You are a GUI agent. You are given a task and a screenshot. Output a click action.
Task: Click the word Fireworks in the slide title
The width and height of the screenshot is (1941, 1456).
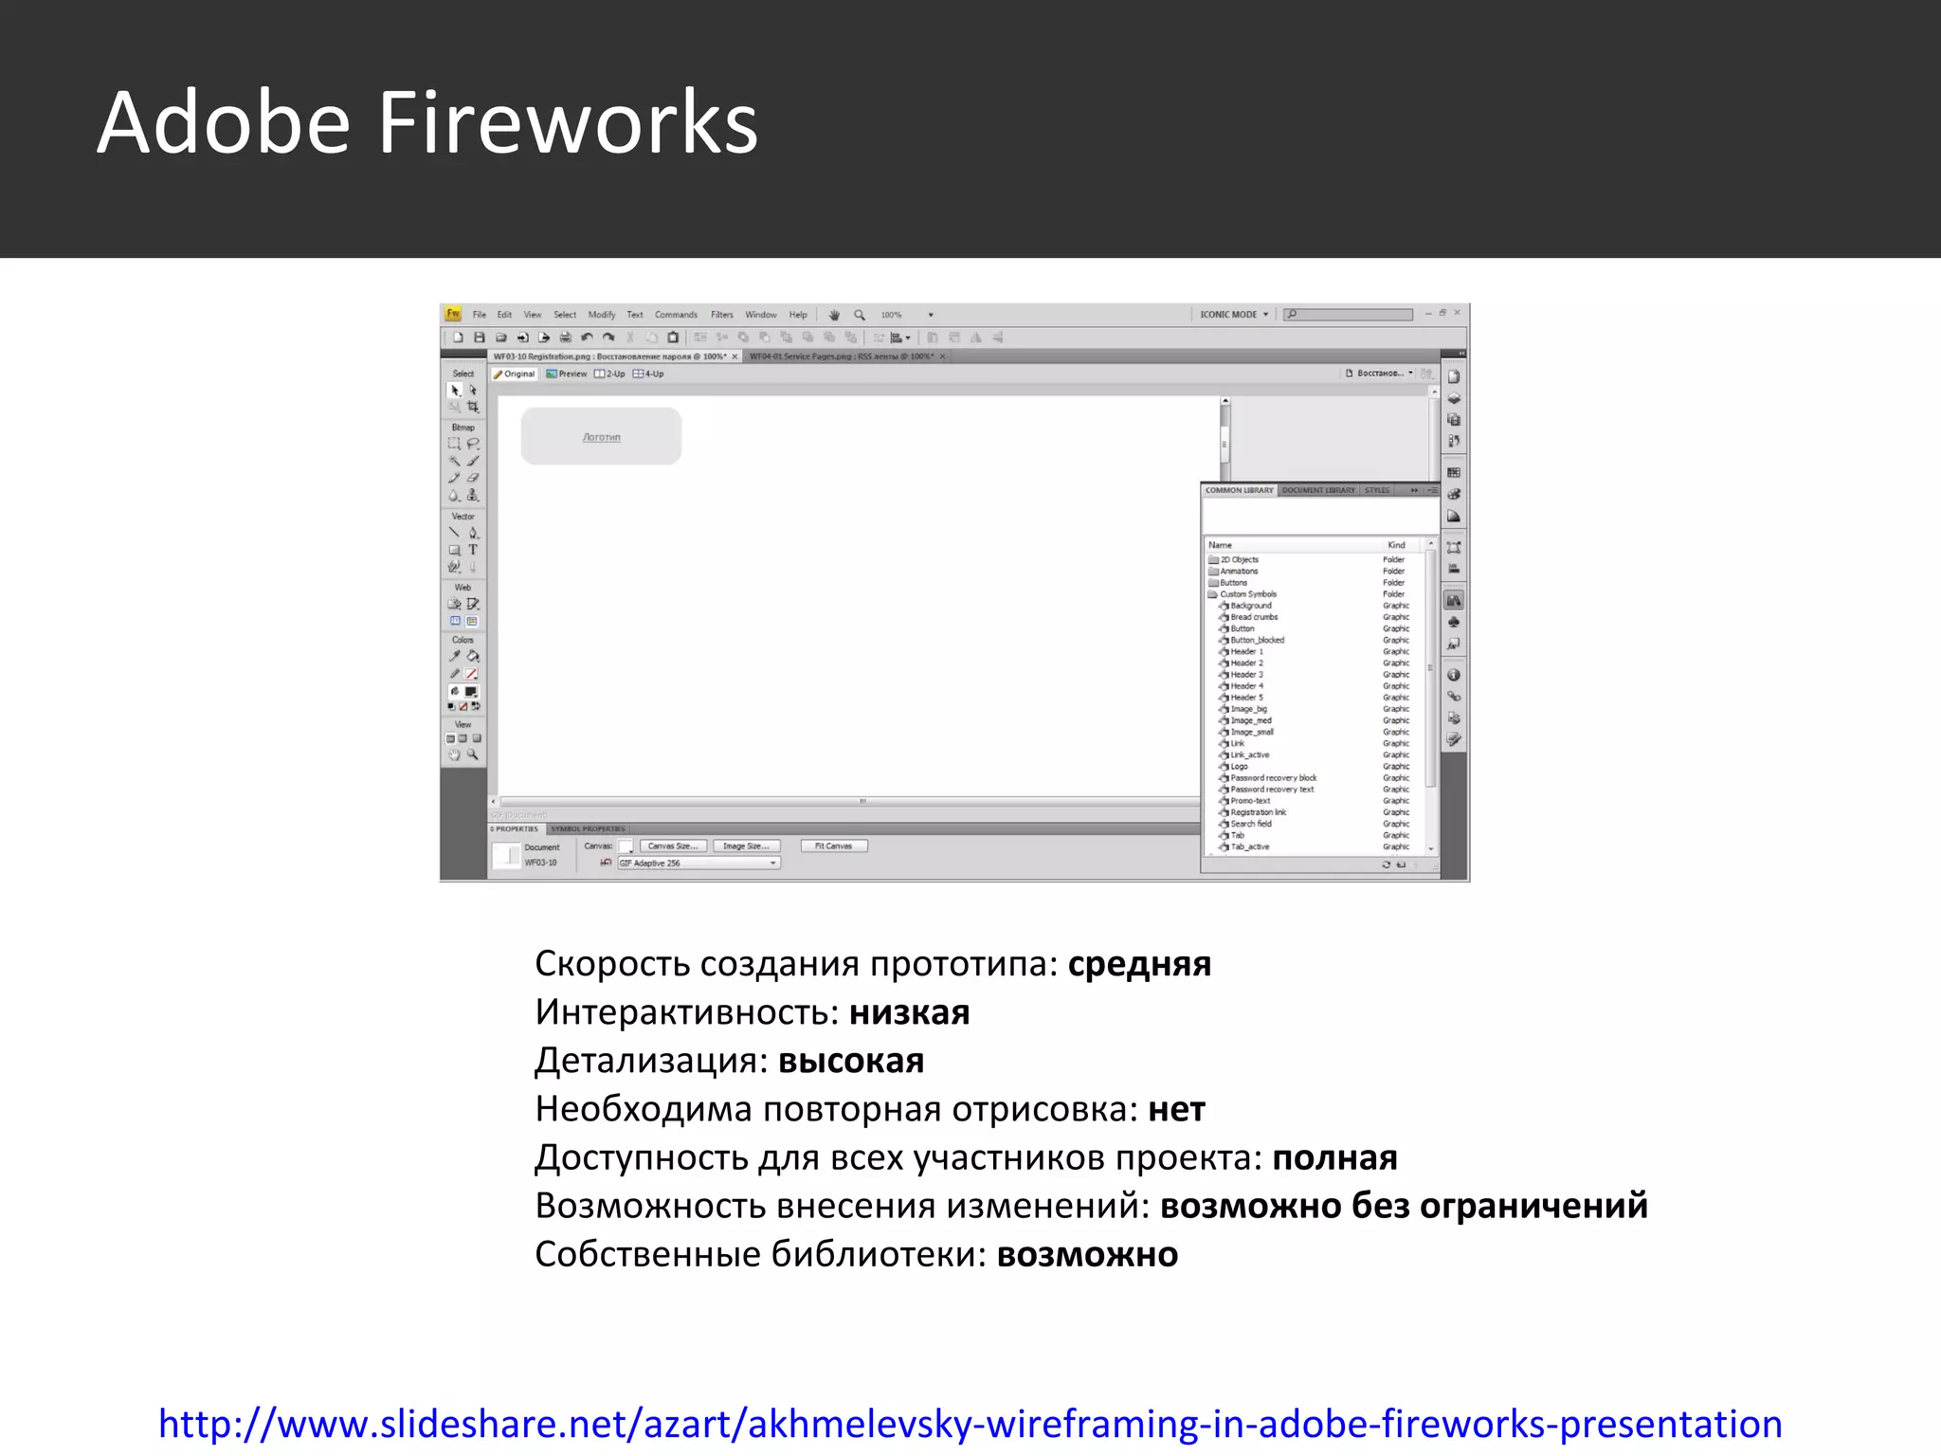click(x=568, y=123)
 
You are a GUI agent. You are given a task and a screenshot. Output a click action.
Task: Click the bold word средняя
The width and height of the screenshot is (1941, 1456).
click(x=1139, y=964)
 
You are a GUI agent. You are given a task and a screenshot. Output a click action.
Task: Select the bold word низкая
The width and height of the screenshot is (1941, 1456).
click(x=909, y=1012)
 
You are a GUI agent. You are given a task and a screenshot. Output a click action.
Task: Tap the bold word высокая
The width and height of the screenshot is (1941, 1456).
click(x=850, y=1061)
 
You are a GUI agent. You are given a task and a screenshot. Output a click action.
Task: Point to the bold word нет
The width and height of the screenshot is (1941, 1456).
click(x=1176, y=1109)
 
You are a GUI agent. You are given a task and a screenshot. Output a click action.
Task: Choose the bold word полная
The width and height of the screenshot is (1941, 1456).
click(x=1334, y=1157)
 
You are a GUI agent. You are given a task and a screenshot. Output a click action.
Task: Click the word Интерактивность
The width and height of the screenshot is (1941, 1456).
click(x=682, y=1012)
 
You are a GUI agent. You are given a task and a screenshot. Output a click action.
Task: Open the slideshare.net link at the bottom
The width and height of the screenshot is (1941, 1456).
click(x=970, y=1424)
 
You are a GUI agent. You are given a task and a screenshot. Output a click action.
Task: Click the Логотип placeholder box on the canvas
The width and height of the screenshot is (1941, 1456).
click(x=601, y=437)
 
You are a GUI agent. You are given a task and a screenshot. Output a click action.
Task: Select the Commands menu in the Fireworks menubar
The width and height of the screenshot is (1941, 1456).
click(x=676, y=315)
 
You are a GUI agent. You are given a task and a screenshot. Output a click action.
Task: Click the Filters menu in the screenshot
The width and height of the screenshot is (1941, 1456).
click(x=722, y=315)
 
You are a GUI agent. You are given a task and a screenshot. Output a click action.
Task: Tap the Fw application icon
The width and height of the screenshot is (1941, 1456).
click(x=453, y=314)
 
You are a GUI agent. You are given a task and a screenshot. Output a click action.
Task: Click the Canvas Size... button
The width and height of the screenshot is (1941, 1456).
click(x=673, y=846)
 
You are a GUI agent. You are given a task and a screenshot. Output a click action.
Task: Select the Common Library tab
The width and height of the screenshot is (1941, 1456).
click(x=1239, y=490)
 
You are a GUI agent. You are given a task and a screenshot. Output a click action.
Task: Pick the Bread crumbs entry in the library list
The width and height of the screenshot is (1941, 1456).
click(x=1254, y=617)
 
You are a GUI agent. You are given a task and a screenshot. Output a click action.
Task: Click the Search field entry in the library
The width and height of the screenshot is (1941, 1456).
click(x=1251, y=824)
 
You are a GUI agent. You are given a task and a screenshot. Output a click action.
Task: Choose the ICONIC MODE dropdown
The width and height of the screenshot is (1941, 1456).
click(x=1233, y=315)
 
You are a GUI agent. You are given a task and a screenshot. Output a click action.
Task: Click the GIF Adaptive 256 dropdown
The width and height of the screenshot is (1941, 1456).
click(x=698, y=864)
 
